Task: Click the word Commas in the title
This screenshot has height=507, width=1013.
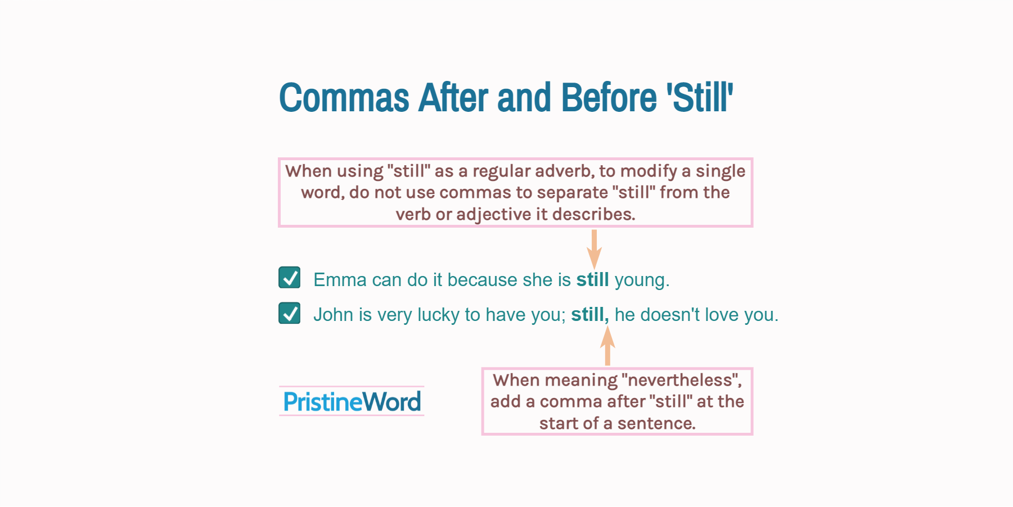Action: coord(344,98)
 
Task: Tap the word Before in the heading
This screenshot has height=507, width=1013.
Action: coord(609,98)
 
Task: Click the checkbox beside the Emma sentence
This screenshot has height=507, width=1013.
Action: coord(290,278)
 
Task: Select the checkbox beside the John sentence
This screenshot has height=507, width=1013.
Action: coord(290,313)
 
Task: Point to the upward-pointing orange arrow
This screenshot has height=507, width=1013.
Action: coord(607,346)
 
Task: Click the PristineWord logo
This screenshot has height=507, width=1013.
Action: coord(352,401)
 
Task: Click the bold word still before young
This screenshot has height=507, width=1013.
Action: coord(592,279)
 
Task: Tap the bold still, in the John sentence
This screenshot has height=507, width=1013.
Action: coord(589,315)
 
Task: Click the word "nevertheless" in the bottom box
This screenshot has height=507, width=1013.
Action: coord(681,381)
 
